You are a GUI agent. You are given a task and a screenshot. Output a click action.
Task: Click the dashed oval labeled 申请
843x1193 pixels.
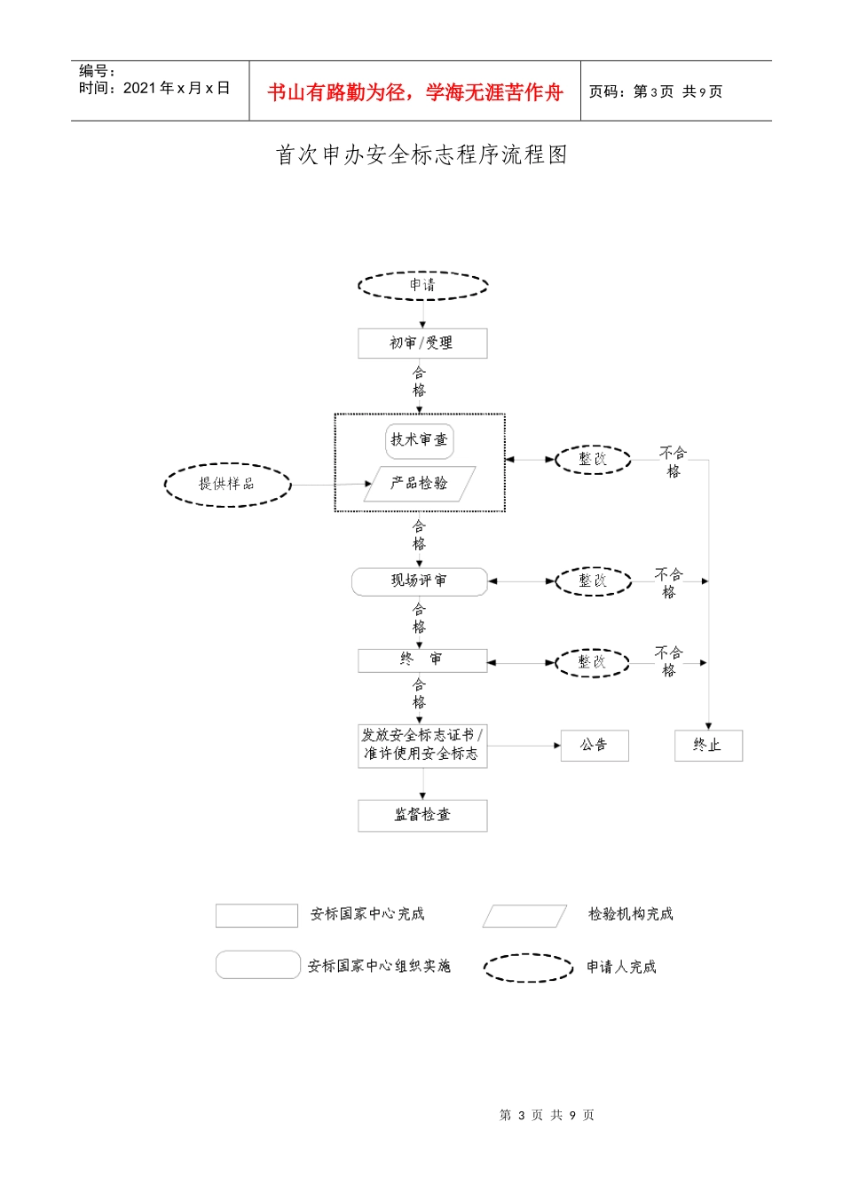(422, 285)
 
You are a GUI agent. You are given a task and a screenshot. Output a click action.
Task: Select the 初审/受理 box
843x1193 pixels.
(422, 344)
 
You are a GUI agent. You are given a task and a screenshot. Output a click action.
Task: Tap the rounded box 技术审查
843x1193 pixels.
(420, 440)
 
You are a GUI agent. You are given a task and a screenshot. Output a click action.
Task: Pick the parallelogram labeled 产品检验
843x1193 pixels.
(420, 484)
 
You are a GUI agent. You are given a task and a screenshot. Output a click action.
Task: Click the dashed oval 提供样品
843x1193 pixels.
(227, 485)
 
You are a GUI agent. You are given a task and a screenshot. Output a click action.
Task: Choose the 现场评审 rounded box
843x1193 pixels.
(420, 581)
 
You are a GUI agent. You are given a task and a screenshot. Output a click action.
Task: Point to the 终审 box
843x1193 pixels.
(422, 660)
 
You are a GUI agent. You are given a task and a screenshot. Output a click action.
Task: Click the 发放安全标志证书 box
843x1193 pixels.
(422, 745)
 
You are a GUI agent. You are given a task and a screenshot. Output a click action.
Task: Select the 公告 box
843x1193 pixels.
(595, 746)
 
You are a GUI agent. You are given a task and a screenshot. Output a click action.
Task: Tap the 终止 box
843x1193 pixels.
(708, 746)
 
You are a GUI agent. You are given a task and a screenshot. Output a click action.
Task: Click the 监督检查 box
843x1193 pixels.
(422, 815)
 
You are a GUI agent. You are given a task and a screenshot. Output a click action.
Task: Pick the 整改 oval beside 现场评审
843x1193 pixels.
(593, 581)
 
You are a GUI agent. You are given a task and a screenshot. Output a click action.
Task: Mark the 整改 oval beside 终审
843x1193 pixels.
(592, 662)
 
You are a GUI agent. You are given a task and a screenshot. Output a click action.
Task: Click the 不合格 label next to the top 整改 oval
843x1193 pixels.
(674, 462)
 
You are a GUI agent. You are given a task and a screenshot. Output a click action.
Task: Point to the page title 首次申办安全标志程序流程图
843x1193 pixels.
(421, 155)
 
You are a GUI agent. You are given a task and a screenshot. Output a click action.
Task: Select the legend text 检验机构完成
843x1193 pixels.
(630, 914)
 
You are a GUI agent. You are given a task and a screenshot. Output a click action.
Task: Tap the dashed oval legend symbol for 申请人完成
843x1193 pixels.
(528, 968)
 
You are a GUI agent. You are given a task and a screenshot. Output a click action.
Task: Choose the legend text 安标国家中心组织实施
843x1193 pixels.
(379, 966)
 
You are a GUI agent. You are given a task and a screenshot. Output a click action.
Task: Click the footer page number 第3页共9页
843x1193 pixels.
(547, 1115)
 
